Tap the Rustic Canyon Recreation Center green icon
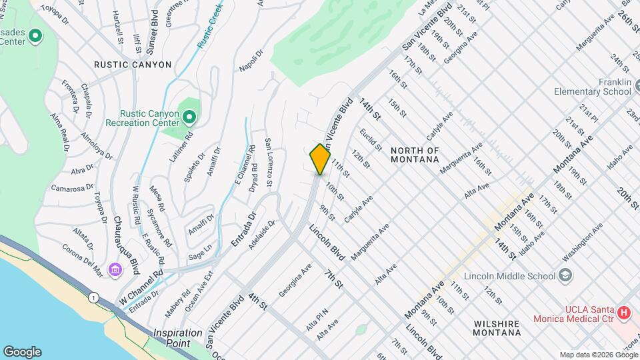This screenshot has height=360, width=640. [189, 119]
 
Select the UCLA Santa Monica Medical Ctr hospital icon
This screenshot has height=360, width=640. [623, 312]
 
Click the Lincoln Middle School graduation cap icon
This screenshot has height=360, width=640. [565, 276]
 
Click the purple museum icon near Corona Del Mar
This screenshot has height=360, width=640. [116, 270]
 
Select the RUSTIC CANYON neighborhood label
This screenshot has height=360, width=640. [133, 65]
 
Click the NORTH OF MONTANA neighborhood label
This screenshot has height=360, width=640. [415, 155]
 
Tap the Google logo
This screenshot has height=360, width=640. [22, 351]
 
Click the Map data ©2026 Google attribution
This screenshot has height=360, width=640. [598, 355]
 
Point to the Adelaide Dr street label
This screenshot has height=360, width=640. [261, 235]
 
